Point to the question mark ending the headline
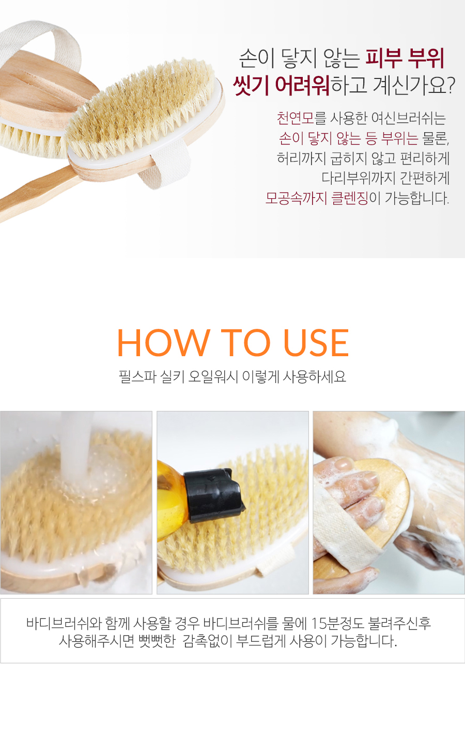coord(451,85)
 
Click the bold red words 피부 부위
coord(405,58)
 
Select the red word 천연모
coord(296,118)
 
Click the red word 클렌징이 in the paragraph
coord(356,198)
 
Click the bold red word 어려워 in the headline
coord(302,85)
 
